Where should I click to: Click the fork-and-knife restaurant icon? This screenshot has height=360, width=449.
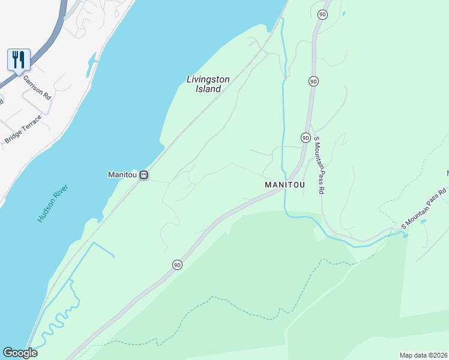[x=19, y=60]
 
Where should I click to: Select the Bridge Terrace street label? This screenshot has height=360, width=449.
[x=23, y=129]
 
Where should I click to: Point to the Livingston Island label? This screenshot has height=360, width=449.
[x=203, y=84]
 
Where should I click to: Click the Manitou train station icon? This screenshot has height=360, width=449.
[x=143, y=175]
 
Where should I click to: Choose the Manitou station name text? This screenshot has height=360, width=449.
[x=122, y=175]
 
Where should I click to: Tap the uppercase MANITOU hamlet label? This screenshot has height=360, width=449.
[x=285, y=185]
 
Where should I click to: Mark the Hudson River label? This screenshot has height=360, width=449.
[x=53, y=204]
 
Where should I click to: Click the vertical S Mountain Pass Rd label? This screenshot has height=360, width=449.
[x=319, y=164]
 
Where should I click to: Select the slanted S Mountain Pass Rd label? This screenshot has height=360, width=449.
[x=424, y=209]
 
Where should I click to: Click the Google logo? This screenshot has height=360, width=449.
[x=20, y=353]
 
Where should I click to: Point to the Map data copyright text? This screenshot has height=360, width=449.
[x=424, y=355]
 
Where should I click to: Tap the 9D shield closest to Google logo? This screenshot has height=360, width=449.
[x=177, y=265]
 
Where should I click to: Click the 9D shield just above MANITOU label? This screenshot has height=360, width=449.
[x=306, y=137]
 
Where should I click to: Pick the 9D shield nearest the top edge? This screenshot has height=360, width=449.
[x=322, y=14]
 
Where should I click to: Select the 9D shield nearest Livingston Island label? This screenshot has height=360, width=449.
[x=313, y=81]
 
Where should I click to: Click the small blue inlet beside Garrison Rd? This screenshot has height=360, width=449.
[x=92, y=62]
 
